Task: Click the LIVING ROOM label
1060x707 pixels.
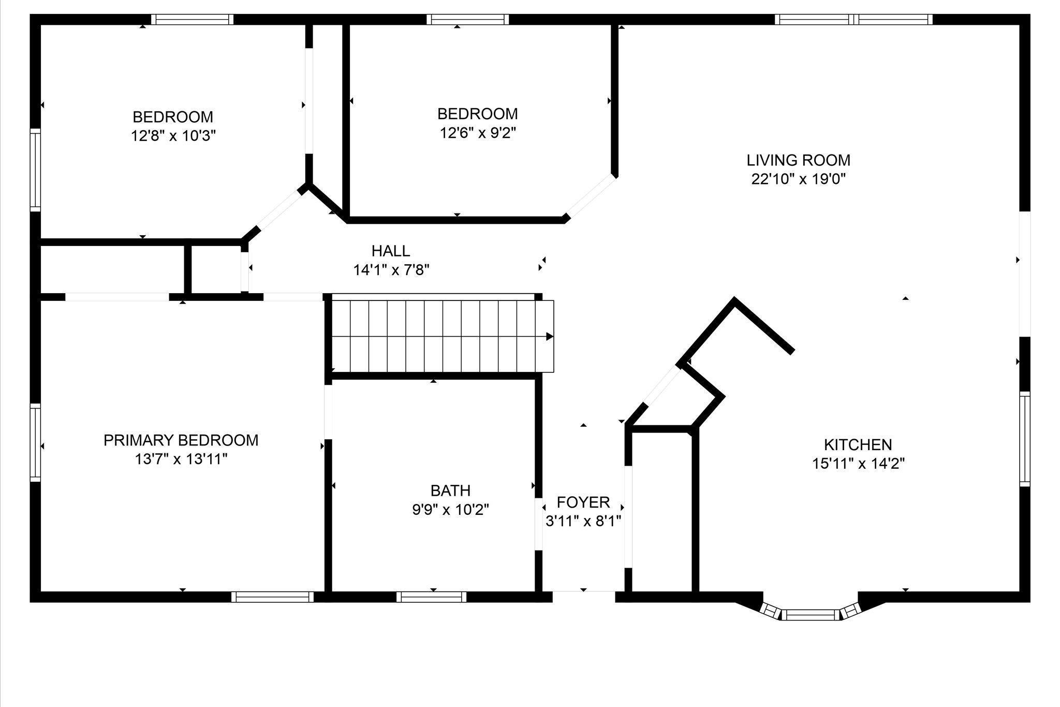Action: click(x=798, y=160)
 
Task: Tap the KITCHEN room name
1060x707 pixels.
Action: click(x=858, y=444)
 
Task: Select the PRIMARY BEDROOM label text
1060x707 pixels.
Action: click(x=181, y=440)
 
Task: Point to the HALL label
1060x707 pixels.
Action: click(x=391, y=251)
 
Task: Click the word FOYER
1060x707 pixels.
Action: click(x=583, y=502)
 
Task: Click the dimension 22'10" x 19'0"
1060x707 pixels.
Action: click(x=798, y=179)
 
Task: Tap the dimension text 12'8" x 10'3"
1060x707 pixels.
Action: click(x=173, y=136)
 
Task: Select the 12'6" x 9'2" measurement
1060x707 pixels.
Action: click(x=478, y=133)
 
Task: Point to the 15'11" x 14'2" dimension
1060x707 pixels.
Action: click(x=858, y=464)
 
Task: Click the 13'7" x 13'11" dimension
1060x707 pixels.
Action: click(x=181, y=459)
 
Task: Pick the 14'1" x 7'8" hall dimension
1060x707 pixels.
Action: click(x=391, y=270)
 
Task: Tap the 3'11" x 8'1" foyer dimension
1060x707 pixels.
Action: click(x=583, y=521)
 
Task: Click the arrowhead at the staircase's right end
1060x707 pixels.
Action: click(x=550, y=337)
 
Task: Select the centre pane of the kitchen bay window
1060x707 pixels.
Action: click(x=809, y=615)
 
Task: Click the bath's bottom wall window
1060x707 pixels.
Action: click(x=432, y=597)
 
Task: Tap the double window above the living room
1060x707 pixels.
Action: click(x=853, y=20)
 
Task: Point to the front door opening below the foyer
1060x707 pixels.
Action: click(x=583, y=597)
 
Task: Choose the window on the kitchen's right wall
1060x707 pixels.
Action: click(x=1025, y=439)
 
